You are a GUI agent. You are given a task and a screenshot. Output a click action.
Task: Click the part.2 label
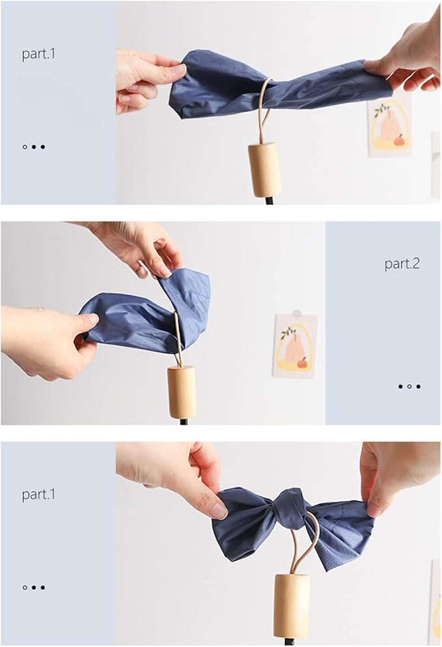click(x=402, y=264)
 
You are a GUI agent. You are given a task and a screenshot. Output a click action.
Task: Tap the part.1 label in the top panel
click(x=38, y=54)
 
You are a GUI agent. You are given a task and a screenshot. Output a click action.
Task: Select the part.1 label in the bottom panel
click(x=38, y=495)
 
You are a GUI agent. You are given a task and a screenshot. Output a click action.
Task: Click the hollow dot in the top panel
click(x=25, y=147)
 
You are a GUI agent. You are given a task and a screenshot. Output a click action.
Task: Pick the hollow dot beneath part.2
click(x=409, y=386)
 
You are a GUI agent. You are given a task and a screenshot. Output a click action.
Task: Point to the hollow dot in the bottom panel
click(x=25, y=587)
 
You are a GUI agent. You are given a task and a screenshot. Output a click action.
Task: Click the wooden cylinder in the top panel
click(x=264, y=169)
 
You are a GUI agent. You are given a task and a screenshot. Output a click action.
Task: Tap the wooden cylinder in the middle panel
click(x=182, y=391)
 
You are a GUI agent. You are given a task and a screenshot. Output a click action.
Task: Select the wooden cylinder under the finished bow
click(x=292, y=605)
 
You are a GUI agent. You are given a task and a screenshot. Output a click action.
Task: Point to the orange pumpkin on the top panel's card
click(x=399, y=140)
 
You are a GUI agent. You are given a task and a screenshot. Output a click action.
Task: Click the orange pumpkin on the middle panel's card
click(x=303, y=363)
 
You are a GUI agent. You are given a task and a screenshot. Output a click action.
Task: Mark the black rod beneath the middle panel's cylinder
click(x=184, y=421)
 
